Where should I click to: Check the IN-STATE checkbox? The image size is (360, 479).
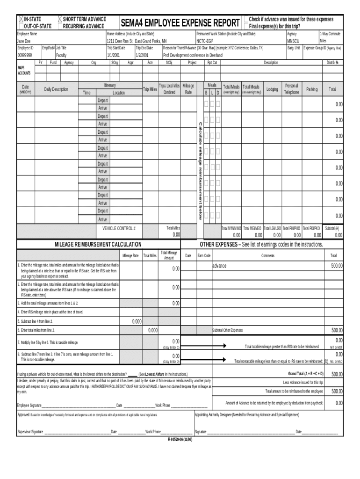tap(21, 19)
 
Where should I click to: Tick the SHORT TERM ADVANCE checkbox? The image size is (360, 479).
tap(59, 19)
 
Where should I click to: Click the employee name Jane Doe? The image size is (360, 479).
tap(24, 41)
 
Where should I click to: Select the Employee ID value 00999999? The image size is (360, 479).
tap(25, 55)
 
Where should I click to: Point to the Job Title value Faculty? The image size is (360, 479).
tap(61, 55)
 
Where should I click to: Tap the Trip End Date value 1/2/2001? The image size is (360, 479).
tap(143, 55)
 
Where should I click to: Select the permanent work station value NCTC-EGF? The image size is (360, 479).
tap(205, 41)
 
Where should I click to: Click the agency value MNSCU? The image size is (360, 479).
tap(292, 41)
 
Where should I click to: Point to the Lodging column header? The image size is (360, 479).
tap(272, 89)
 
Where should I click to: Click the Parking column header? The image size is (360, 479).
tap(312, 89)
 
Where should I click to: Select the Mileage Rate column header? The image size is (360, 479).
tap(188, 89)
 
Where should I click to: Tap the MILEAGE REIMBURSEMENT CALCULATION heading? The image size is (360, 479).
tap(98, 245)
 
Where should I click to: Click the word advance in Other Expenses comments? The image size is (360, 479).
tap(219, 266)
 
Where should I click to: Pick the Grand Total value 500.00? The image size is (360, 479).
tap(337, 374)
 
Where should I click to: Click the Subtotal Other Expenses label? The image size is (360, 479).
tap(228, 330)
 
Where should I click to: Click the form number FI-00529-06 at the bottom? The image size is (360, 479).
tap(180, 440)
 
